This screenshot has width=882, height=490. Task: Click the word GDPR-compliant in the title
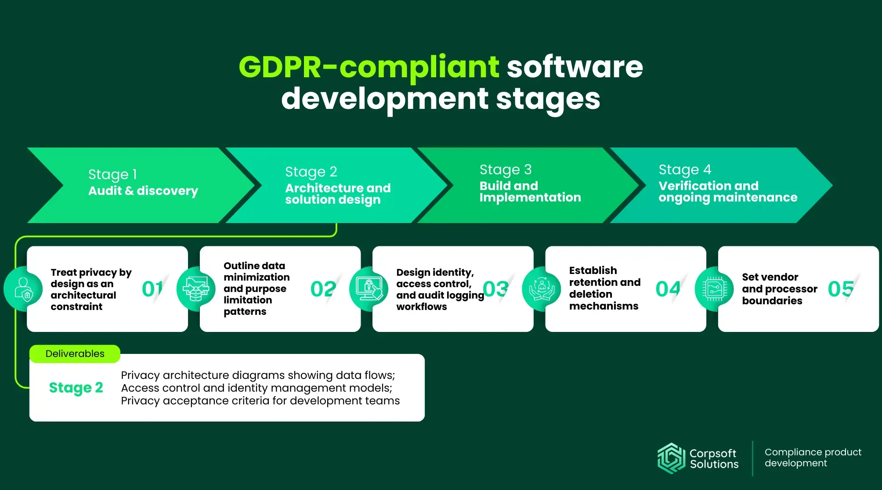point(369,68)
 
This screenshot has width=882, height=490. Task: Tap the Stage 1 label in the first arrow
point(112,174)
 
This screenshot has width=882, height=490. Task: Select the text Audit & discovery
point(143,191)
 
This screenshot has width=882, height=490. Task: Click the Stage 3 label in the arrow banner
point(506,169)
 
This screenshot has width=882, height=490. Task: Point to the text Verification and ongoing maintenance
point(728,192)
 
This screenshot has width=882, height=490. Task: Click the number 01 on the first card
point(152,289)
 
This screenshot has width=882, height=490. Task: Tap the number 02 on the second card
point(323,289)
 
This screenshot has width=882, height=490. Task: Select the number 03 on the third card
point(495,289)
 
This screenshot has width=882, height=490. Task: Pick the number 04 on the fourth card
point(668,289)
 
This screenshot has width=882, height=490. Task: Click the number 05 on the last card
point(841,289)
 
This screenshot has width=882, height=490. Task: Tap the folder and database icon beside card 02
point(196,289)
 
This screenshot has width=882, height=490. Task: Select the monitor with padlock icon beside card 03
point(369,289)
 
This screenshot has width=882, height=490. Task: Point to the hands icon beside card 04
point(542,289)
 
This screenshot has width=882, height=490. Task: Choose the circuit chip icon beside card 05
point(715,289)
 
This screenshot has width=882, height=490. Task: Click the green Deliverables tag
point(75,354)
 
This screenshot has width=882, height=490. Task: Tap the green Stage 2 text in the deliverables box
point(76,388)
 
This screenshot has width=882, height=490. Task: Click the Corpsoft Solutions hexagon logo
point(671,458)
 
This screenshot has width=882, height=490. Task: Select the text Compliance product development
point(813,458)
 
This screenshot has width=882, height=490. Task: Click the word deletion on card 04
point(591,294)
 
